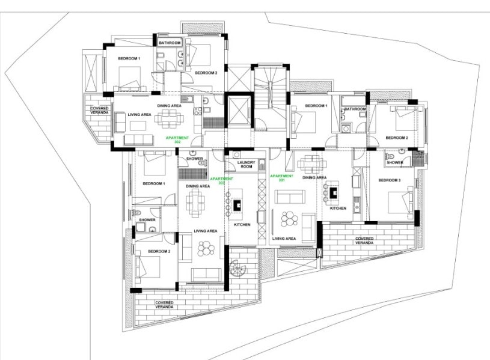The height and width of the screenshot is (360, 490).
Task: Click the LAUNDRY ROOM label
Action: click(247, 165)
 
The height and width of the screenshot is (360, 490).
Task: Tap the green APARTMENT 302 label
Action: click(177, 139)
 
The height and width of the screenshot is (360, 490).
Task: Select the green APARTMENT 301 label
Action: click(281, 178)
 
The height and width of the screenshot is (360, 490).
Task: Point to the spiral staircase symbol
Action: click(238, 268)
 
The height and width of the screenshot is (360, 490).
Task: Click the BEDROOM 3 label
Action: click(390, 180)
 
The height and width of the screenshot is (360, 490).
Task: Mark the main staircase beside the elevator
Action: click(270, 97)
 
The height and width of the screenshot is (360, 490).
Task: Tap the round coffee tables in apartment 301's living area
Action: click(289, 219)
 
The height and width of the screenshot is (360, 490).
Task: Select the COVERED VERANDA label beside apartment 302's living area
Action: click(99, 110)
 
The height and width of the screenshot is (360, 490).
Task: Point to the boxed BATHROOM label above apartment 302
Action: click(170, 43)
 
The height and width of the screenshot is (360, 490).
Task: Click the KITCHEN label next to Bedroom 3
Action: click(338, 208)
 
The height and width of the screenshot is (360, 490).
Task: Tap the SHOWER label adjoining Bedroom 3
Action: click(394, 162)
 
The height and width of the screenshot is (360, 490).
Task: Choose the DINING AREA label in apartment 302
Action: click(169, 106)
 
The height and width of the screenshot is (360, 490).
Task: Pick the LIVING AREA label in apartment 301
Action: click(284, 239)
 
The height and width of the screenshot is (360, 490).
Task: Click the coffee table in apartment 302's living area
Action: click(138, 126)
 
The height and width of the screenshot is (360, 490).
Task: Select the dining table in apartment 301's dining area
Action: click(311, 163)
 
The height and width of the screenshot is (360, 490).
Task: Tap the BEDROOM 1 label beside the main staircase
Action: click(316, 106)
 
